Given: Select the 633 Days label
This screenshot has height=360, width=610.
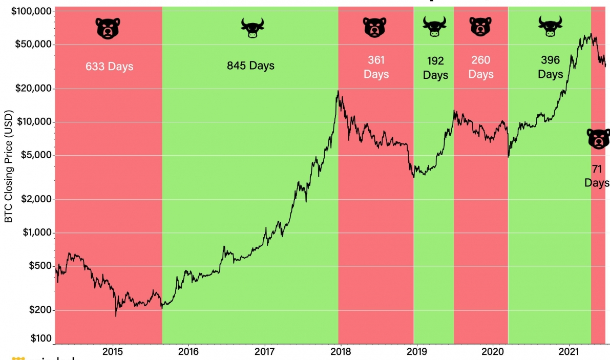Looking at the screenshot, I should coord(109,67).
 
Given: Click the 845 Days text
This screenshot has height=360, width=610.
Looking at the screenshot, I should coord(250,66).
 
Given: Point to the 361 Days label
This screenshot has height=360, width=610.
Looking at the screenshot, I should coord(376,67).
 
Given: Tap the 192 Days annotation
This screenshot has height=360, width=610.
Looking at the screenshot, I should coord(435,68).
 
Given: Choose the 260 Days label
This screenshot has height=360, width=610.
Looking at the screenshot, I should coord(480,67).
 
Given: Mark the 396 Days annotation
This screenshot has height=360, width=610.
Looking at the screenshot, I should coord(550,67).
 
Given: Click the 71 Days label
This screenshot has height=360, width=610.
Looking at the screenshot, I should coord(597,176).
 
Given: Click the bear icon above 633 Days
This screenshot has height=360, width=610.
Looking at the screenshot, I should coord(108,28).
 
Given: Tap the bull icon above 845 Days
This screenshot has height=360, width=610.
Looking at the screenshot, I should coord(251,28).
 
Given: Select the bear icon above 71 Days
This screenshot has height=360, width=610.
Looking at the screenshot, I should coord(598,139).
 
